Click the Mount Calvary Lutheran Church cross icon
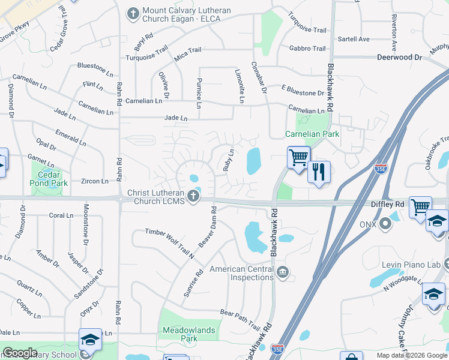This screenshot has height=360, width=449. pyautogui.click(x=133, y=13)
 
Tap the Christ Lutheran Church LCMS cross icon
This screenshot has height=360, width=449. pyautogui.click(x=193, y=196)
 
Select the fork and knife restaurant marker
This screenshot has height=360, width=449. pyautogui.click(x=319, y=172)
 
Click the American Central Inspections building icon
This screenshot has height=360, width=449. pyautogui.click(x=282, y=274)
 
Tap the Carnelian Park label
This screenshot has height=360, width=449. pyautogui.click(x=312, y=134)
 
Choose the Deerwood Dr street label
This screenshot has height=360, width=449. pyautogui.click(x=399, y=58)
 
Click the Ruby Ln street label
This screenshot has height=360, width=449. pyautogui.click(x=229, y=160)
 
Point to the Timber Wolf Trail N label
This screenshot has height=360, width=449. pyautogui.click(x=170, y=242)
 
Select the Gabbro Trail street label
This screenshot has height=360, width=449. pyautogui.click(x=307, y=49)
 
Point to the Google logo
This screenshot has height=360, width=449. pyautogui.click(x=20, y=353)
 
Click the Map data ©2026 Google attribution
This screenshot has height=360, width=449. pyautogui.click(x=412, y=355)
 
